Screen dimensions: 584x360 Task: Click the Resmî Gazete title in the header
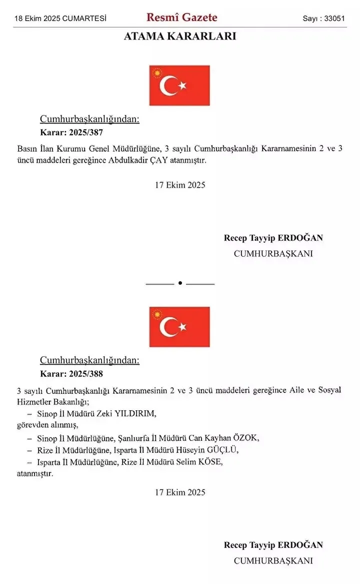coord(181,18)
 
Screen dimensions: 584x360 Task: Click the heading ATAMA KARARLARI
coord(180,37)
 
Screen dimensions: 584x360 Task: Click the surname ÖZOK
coord(247,438)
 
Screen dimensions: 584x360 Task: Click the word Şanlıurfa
coord(132,438)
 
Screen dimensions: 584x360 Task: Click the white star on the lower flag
coord(182,327)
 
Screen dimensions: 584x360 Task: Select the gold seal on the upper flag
coord(157,74)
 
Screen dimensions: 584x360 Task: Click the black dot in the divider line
coord(180,283)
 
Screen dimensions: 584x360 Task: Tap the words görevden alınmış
coord(47,425)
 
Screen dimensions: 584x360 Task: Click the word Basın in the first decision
coord(27,149)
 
